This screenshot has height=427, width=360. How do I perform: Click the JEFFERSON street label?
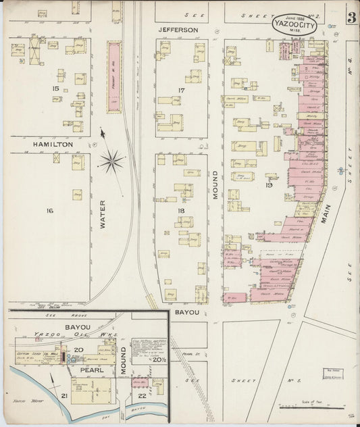[x=178, y=30]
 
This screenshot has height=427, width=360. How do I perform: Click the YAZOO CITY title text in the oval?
[x=298, y=25]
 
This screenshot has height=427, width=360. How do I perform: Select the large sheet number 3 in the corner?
[x=351, y=18]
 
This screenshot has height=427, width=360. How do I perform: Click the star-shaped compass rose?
[x=111, y=161]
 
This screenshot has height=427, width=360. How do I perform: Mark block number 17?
[x=181, y=91]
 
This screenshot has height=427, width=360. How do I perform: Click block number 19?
[x=269, y=184]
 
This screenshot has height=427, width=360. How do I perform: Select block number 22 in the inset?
[x=140, y=395]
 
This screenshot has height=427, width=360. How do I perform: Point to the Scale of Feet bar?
[x=303, y=407]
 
